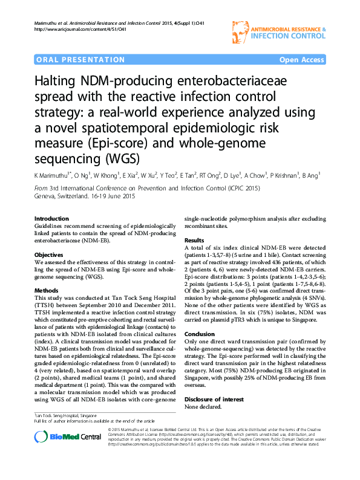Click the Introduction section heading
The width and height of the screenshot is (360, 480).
coord(51,219)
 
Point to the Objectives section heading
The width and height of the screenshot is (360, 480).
coord(50,256)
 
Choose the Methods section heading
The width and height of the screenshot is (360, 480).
coord(47,291)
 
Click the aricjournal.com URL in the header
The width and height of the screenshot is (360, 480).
coord(75,29)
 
